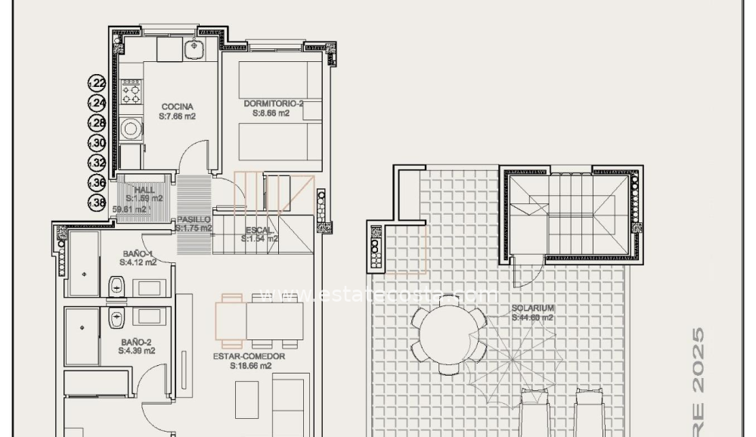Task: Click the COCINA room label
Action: [177, 107]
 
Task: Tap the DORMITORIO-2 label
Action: [271, 104]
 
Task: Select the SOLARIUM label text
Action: [533, 308]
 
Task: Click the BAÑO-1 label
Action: [138, 253]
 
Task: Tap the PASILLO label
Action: [194, 219]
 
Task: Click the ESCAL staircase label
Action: [259, 230]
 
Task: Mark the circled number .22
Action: [98, 83]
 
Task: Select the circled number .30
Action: [98, 143]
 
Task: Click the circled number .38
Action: [98, 202]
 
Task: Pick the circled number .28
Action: [98, 123]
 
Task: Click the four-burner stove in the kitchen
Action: [131, 91]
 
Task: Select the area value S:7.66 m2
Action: [177, 117]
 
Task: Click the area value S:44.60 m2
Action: [533, 318]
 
